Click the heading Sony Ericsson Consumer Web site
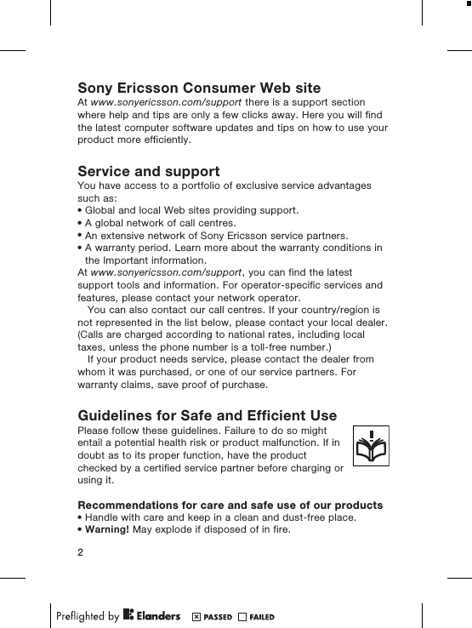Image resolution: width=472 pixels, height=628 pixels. [199, 88]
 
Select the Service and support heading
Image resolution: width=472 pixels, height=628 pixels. [149, 171]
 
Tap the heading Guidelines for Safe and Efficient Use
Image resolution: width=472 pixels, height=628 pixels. [207, 415]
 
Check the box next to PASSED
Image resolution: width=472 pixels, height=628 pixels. [196, 616]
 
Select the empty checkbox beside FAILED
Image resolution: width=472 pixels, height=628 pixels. [242, 616]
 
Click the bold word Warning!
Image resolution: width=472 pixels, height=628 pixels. [108, 531]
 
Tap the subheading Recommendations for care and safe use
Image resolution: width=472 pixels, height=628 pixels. [230, 505]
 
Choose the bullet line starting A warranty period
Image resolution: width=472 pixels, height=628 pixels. [230, 248]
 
